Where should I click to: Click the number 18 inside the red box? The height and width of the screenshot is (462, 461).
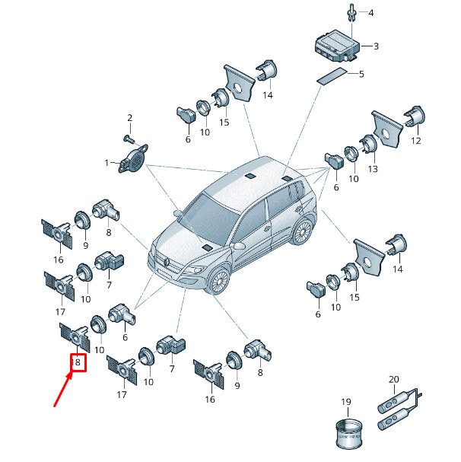pyautogui.click(x=76, y=362)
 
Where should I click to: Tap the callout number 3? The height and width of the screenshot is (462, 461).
pyautogui.click(x=376, y=46)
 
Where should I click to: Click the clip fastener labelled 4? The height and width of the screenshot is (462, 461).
pyautogui.click(x=352, y=12)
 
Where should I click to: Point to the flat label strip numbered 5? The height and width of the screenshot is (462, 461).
pyautogui.click(x=332, y=76)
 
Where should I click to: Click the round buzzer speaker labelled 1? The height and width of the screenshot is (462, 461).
pyautogui.click(x=133, y=158)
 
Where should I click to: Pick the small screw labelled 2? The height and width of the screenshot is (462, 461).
pyautogui.click(x=129, y=139)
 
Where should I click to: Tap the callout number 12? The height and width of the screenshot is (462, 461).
pyautogui.click(x=415, y=141)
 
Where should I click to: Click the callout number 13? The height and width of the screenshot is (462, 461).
pyautogui.click(x=373, y=168)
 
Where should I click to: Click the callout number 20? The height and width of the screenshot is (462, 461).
pyautogui.click(x=393, y=379)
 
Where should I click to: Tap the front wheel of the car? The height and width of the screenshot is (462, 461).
pyautogui.click(x=219, y=282)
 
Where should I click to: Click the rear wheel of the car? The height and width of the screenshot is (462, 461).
pyautogui.click(x=303, y=232)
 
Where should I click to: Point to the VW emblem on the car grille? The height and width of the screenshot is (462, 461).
pyautogui.click(x=167, y=262)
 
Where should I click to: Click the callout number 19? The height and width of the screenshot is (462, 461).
pyautogui.click(x=346, y=402)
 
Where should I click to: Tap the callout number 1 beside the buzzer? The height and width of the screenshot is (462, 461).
pyautogui.click(x=107, y=163)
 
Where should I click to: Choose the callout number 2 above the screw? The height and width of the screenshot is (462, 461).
pyautogui.click(x=130, y=118)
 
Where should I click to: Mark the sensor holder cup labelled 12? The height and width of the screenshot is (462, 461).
pyautogui.click(x=415, y=116)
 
